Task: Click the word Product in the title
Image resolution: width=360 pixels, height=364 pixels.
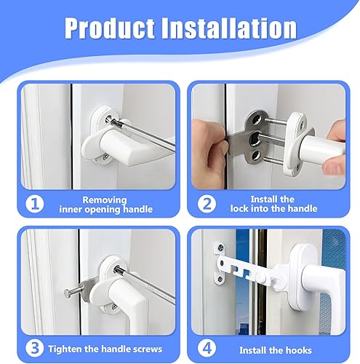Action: click(x=110, y=28)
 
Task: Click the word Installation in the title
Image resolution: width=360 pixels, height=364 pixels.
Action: click(x=229, y=28)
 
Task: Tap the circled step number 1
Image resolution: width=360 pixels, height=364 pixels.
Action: click(x=35, y=204)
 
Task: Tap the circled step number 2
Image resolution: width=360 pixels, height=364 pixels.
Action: click(x=207, y=204)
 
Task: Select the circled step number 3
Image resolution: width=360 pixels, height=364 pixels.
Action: click(x=35, y=348)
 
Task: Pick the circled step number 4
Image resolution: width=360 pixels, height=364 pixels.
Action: click(x=207, y=349)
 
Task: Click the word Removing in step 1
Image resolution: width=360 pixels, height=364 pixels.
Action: click(x=105, y=200)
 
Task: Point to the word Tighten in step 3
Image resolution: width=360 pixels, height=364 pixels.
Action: click(x=65, y=349)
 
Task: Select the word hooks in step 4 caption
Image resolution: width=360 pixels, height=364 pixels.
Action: click(x=299, y=350)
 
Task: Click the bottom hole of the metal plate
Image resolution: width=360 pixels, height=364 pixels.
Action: click(x=255, y=155)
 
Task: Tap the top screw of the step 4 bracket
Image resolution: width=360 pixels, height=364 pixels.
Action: click(x=221, y=248)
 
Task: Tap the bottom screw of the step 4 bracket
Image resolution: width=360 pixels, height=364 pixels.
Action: click(x=220, y=279)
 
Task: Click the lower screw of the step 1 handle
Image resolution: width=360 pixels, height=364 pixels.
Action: click(x=105, y=157)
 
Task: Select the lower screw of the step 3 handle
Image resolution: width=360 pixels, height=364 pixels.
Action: click(x=113, y=306)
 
